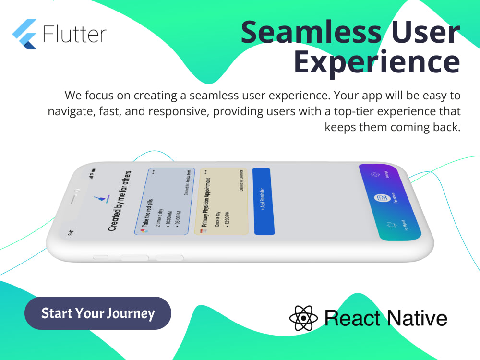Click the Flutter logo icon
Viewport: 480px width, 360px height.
pos(24,34)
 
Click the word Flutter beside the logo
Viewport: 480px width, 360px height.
pos(74,35)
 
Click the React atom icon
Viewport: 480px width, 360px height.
pos(303,318)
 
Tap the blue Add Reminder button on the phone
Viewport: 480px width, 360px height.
pos(263,202)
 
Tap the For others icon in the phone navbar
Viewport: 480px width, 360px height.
pos(383,198)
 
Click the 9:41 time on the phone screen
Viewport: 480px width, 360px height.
pos(71,233)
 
